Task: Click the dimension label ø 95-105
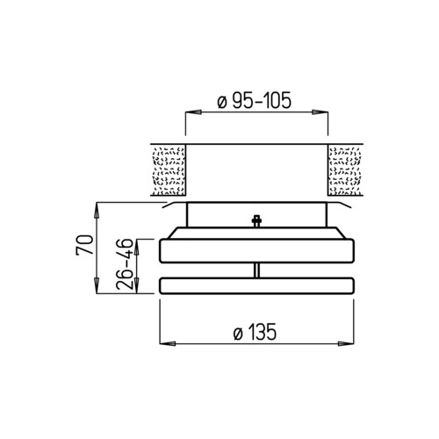click(255, 100)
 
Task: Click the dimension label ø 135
click(255, 332)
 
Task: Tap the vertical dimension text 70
click(84, 245)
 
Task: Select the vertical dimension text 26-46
click(124, 264)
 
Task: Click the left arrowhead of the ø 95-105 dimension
click(194, 112)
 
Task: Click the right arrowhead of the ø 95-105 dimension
click(320, 112)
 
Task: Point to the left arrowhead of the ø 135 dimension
click(168, 343)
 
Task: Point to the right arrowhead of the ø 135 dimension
click(346, 343)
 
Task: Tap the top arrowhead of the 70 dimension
click(97, 210)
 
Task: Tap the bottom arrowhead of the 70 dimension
click(97, 285)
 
